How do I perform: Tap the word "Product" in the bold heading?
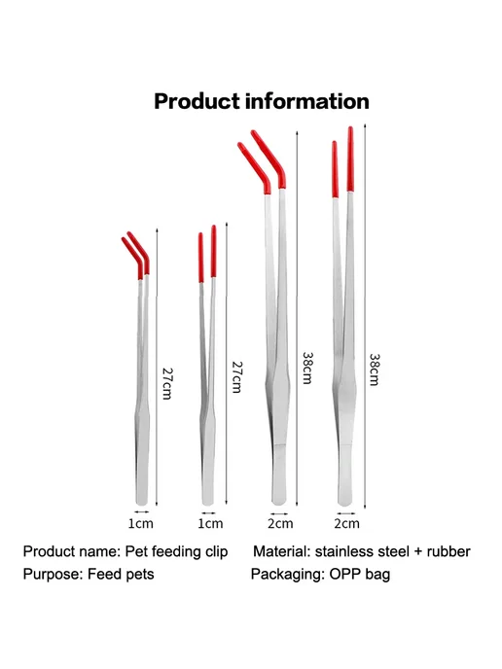pos(197,102)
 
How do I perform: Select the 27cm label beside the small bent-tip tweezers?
pos(166,383)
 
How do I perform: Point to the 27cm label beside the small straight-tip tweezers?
pos(237,377)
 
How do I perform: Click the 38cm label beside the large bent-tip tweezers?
pos(307,368)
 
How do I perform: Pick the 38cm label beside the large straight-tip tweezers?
pos(375,370)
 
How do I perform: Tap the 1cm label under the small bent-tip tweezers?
pos(141,523)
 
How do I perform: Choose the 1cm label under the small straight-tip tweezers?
pos(210,523)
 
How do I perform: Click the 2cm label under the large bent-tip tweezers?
pos(280,523)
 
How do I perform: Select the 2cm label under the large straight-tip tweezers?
pos(346,523)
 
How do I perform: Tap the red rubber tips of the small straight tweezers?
pos(207,254)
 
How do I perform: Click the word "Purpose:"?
pos(53,575)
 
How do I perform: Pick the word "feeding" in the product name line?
pos(176,552)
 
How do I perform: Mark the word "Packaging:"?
pos(288,575)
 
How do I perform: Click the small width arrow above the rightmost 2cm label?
pos(346,513)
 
